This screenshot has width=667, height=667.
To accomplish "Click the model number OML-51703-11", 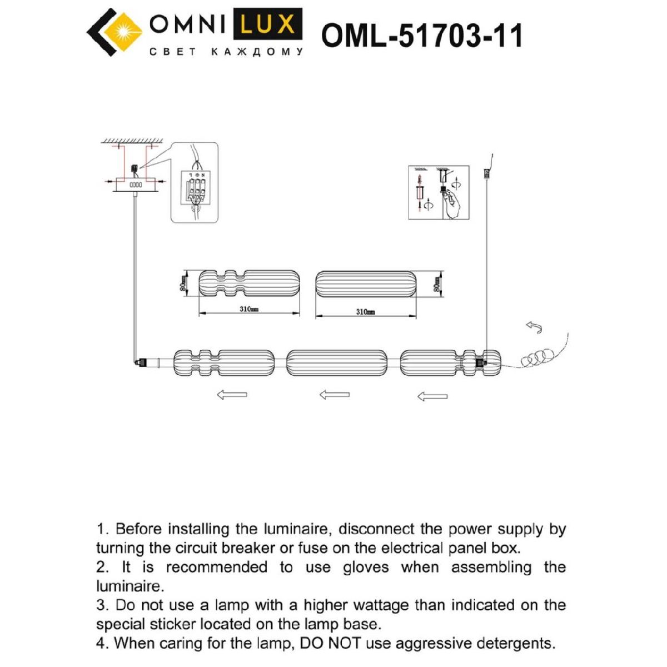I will pyautogui.click(x=422, y=36).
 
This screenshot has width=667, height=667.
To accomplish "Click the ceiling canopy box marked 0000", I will pyautogui.click(x=135, y=185).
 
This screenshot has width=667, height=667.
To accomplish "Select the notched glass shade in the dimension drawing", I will pyautogui.click(x=249, y=284).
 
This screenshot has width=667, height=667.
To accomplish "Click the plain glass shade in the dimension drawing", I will pyautogui.click(x=366, y=284).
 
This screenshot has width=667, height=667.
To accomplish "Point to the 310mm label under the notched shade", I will pyautogui.click(x=249, y=309).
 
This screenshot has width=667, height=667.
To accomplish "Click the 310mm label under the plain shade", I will pyautogui.click(x=365, y=312).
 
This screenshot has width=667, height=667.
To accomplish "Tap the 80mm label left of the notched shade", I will pyautogui.click(x=182, y=285).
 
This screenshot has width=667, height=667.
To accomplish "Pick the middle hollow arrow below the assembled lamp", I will pyautogui.click(x=334, y=395).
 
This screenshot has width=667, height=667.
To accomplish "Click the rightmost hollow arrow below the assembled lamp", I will pyautogui.click(x=432, y=396).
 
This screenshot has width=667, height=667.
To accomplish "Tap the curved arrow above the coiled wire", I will pyautogui.click(x=534, y=327).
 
